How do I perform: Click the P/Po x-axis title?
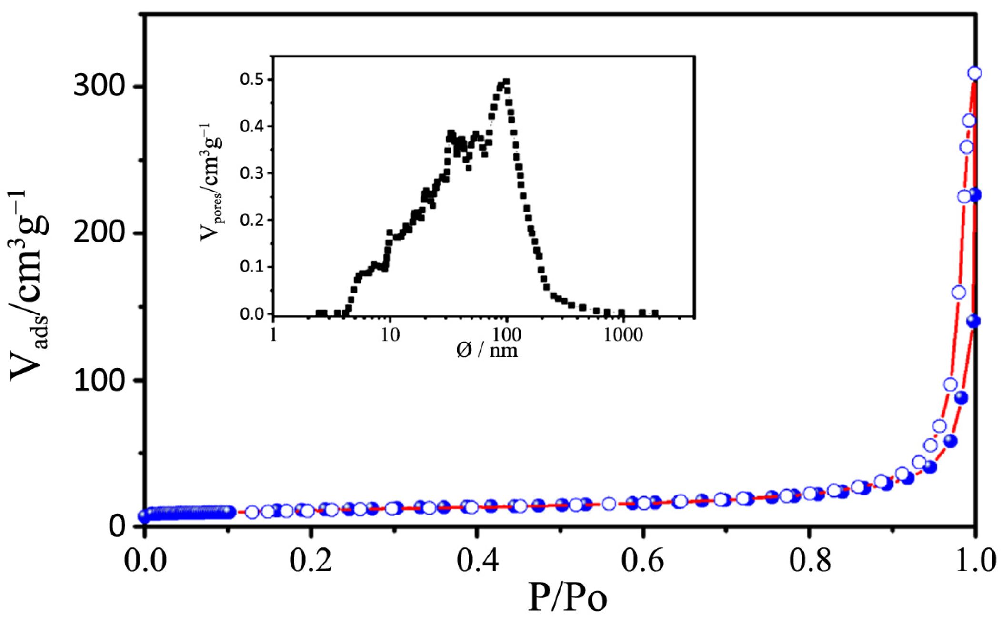point(568,598)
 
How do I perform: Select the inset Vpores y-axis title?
point(210,182)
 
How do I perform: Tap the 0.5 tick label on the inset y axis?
point(252,80)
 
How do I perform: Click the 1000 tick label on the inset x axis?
point(623,335)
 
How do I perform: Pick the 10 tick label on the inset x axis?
point(390,335)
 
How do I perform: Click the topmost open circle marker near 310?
point(974,73)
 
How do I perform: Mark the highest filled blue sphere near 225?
point(975,195)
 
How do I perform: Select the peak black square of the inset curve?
point(506,81)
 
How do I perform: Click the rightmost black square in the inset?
point(655,313)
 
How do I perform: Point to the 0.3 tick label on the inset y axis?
point(252,173)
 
